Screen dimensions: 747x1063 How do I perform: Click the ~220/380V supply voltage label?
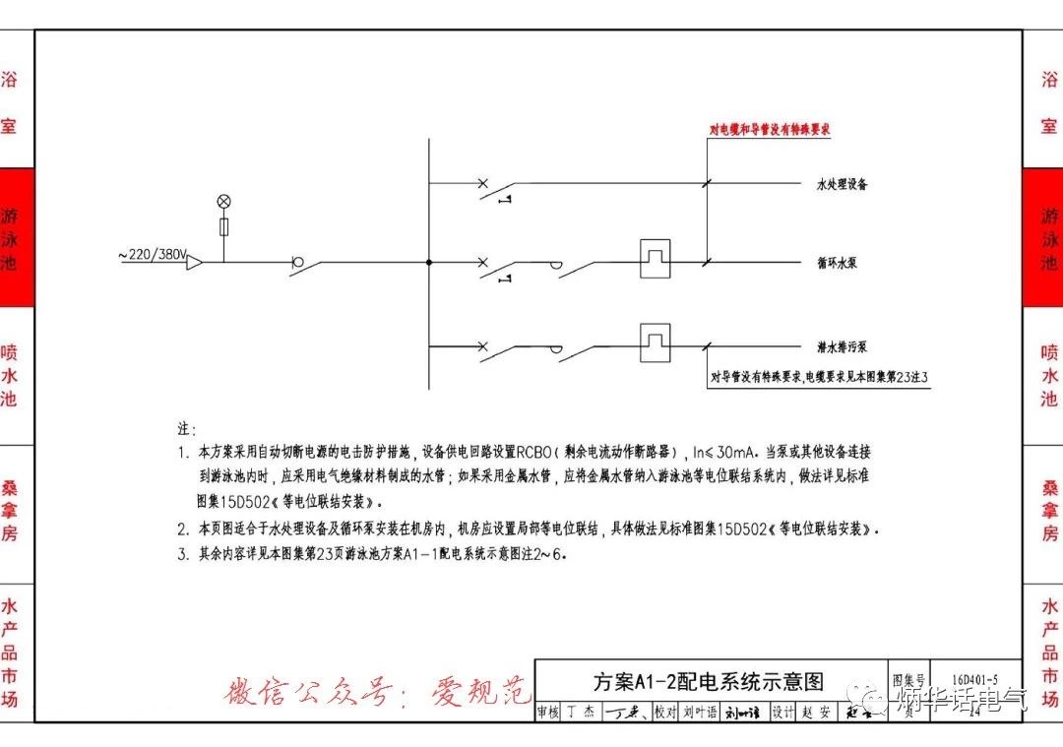153,255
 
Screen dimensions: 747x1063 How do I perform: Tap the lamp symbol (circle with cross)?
223,201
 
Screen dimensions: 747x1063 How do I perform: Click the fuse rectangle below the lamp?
223,227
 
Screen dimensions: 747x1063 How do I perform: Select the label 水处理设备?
842,184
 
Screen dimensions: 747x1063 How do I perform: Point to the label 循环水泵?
837,264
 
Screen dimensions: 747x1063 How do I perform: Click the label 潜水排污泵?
842,347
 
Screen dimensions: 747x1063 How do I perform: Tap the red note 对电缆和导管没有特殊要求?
772,129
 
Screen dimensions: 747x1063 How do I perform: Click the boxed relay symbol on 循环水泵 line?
655,255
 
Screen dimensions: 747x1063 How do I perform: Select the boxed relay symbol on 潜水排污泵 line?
655,339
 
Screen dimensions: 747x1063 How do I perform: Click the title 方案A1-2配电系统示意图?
708,681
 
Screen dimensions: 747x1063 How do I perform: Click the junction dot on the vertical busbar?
429,263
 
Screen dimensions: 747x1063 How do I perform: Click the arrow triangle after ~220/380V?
195,263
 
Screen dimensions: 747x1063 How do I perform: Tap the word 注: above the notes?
187,430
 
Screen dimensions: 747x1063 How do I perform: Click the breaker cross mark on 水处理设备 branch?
482,183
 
